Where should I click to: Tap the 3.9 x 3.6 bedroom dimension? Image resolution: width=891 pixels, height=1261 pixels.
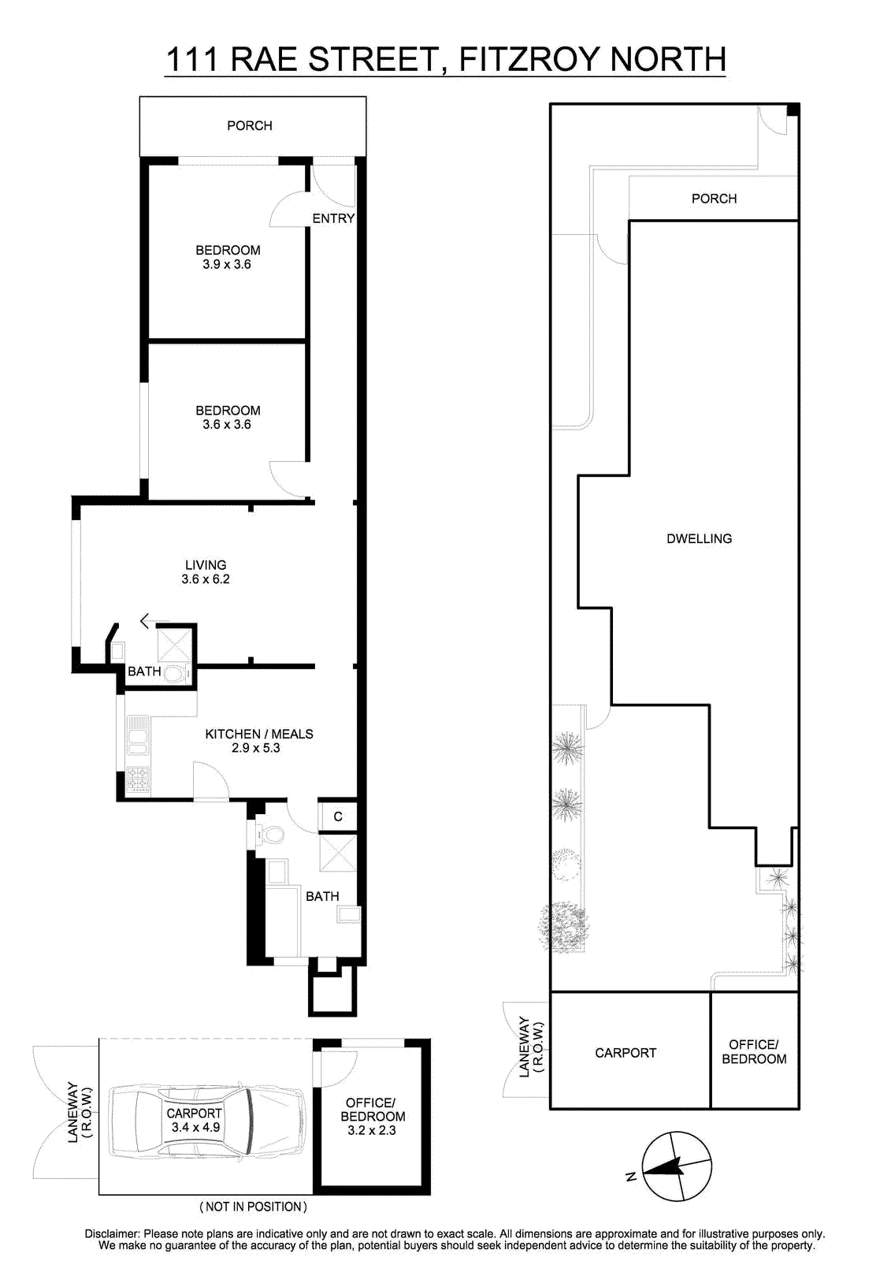click(x=227, y=265)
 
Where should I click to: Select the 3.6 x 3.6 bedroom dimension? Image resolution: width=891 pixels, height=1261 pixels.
click(x=227, y=425)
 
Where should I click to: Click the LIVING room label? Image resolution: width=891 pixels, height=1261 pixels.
click(x=206, y=564)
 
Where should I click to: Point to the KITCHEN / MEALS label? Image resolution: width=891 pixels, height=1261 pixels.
click(x=259, y=734)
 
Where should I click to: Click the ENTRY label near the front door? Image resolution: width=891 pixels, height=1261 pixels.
click(x=333, y=218)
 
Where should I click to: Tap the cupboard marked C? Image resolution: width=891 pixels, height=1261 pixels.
click(x=338, y=816)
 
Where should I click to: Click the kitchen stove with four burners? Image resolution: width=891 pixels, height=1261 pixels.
click(x=139, y=779)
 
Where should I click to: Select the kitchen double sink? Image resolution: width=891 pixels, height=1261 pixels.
click(x=137, y=735)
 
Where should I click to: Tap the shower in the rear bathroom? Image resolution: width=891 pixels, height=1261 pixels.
click(x=338, y=853)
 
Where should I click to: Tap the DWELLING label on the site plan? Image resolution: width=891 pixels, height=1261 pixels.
click(x=699, y=539)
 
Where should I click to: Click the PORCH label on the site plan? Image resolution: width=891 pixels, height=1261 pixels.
click(x=714, y=199)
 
